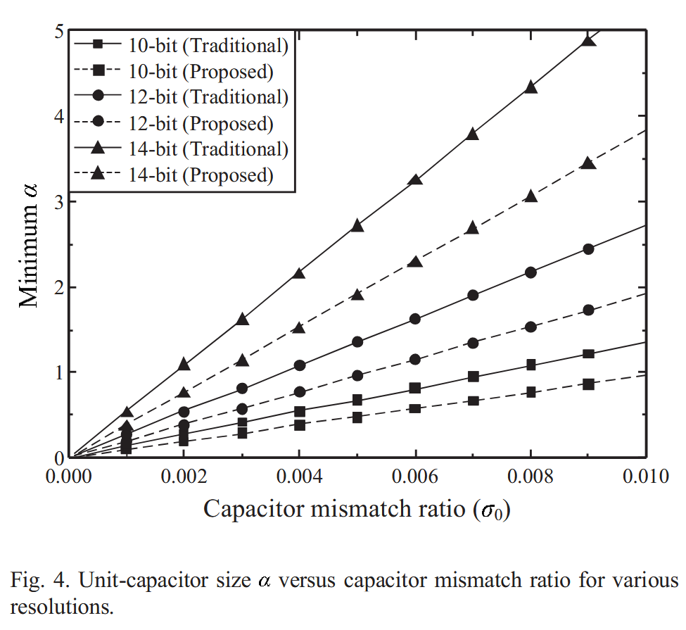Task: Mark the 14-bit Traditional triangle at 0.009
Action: pyautogui.click(x=588, y=41)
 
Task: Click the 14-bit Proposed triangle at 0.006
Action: pyautogui.click(x=415, y=261)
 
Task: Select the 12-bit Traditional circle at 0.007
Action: pyautogui.click(x=473, y=295)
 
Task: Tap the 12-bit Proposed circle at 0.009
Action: pyautogui.click(x=588, y=310)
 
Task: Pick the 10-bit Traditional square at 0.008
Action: pyautogui.click(x=531, y=365)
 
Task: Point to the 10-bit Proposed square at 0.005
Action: pyautogui.click(x=357, y=417)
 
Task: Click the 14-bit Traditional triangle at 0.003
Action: pyautogui.click(x=242, y=320)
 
